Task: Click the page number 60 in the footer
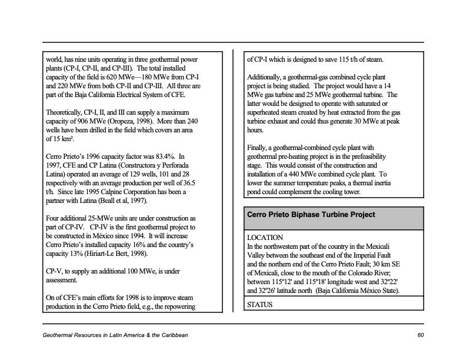pos(420,335)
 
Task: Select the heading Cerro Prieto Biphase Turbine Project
pos(311,215)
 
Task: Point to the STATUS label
pos(261,305)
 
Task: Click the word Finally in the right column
pos(259,148)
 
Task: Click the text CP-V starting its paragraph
pos(56,271)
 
